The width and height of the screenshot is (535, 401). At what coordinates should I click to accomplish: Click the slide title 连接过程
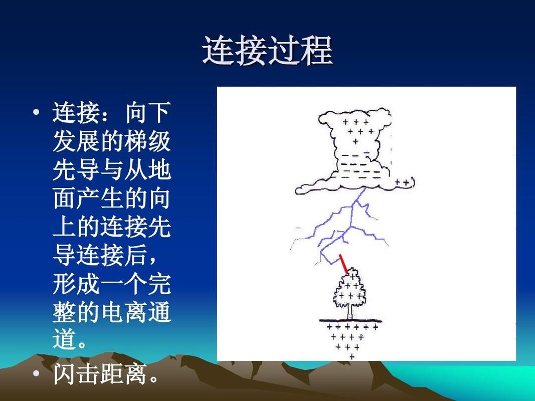coord(267,51)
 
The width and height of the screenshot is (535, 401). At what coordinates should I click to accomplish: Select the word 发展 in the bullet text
coord(76,142)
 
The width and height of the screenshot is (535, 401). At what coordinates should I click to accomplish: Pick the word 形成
coord(76,285)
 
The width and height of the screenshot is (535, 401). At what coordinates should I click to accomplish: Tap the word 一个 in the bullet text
coord(124,285)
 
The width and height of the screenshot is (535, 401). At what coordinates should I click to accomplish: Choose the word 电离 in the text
coord(124,313)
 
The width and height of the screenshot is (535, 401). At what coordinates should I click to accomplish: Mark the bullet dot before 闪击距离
coord(36,373)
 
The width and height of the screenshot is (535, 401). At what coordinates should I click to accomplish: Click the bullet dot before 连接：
coord(36,112)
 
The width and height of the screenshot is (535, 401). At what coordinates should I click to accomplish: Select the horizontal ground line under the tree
coord(351,321)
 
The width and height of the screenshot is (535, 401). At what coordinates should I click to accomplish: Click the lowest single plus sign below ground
coord(351,357)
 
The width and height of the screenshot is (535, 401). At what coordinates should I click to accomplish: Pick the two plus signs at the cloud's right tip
coord(402,183)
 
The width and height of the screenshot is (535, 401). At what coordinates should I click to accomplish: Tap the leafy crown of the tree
coord(350,291)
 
